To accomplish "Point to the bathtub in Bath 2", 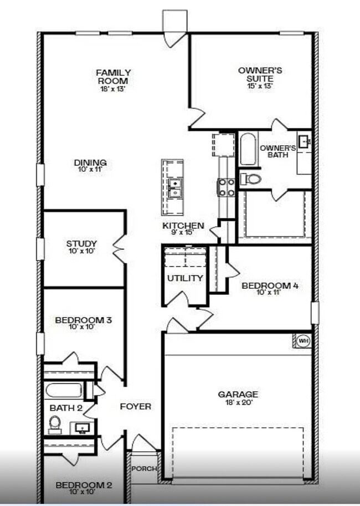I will tap(66, 390).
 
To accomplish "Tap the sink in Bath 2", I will tap(83, 428).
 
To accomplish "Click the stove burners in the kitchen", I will tap(226, 187).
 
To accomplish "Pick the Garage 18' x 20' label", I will tap(238, 398).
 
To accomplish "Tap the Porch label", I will tap(143, 469).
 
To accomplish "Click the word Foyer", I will tap(136, 407).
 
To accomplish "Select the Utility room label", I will tap(185, 278).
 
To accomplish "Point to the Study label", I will tap(81, 247).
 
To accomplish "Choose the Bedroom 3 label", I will tap(84, 323).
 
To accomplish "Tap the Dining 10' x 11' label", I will tap(90, 166).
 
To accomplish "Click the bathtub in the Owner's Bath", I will tap(248, 149).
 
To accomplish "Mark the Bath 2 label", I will tap(62, 408).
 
